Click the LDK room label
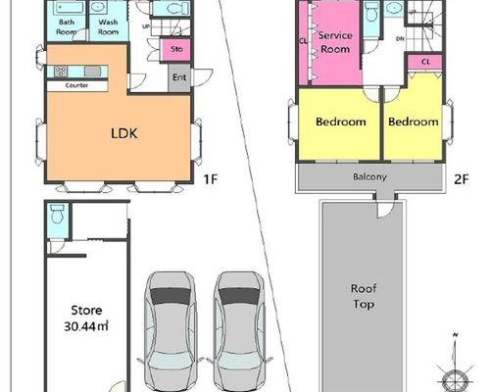click(124, 133)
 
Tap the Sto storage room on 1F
click(175, 50)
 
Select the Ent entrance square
click(179, 77)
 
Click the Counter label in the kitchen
click(76, 85)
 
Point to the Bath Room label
click(67, 27)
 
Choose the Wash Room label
click(108, 27)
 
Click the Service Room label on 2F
click(335, 42)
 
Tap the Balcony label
click(369, 176)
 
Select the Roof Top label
click(364, 296)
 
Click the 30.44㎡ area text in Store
click(86, 326)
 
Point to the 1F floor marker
click(211, 179)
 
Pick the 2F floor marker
click(462, 179)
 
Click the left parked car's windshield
click(170, 296)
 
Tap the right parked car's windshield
click(239, 296)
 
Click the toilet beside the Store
click(57, 214)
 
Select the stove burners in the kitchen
click(61, 72)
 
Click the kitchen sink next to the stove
click(92, 72)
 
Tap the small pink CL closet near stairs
click(425, 62)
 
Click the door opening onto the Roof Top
click(385, 210)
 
